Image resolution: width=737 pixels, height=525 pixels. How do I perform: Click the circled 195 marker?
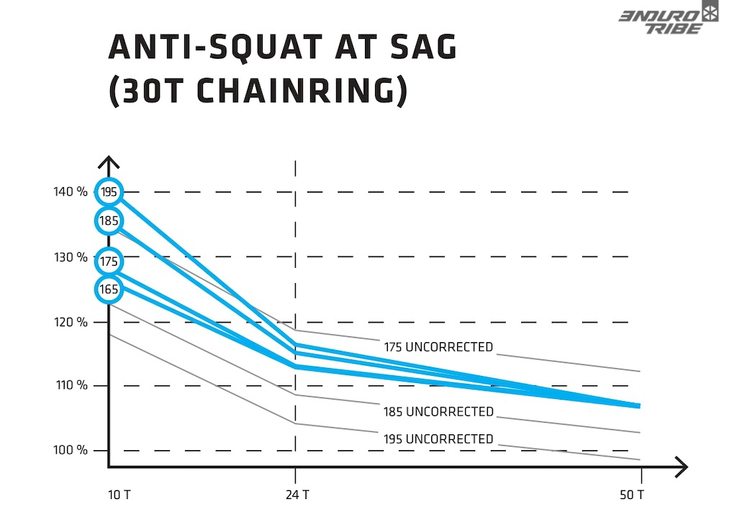(109, 192)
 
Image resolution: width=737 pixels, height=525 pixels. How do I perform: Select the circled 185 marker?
(109, 221)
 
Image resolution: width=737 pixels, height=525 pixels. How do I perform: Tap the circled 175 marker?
(109, 261)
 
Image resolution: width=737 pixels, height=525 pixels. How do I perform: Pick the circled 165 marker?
(109, 290)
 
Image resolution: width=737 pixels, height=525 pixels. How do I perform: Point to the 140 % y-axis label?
(70, 192)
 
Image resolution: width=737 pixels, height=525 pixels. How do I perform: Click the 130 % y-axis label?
(70, 257)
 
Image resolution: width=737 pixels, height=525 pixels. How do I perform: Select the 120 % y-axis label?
(70, 322)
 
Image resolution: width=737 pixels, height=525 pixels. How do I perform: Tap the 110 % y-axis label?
(70, 386)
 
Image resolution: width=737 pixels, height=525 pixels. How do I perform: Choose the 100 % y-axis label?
(70, 451)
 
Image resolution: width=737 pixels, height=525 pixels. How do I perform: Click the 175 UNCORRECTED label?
(438, 347)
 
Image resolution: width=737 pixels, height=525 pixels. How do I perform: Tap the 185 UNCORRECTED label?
(438, 412)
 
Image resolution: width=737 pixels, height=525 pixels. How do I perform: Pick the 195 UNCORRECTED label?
(438, 439)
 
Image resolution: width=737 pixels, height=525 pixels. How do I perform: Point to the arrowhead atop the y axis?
(109, 161)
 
